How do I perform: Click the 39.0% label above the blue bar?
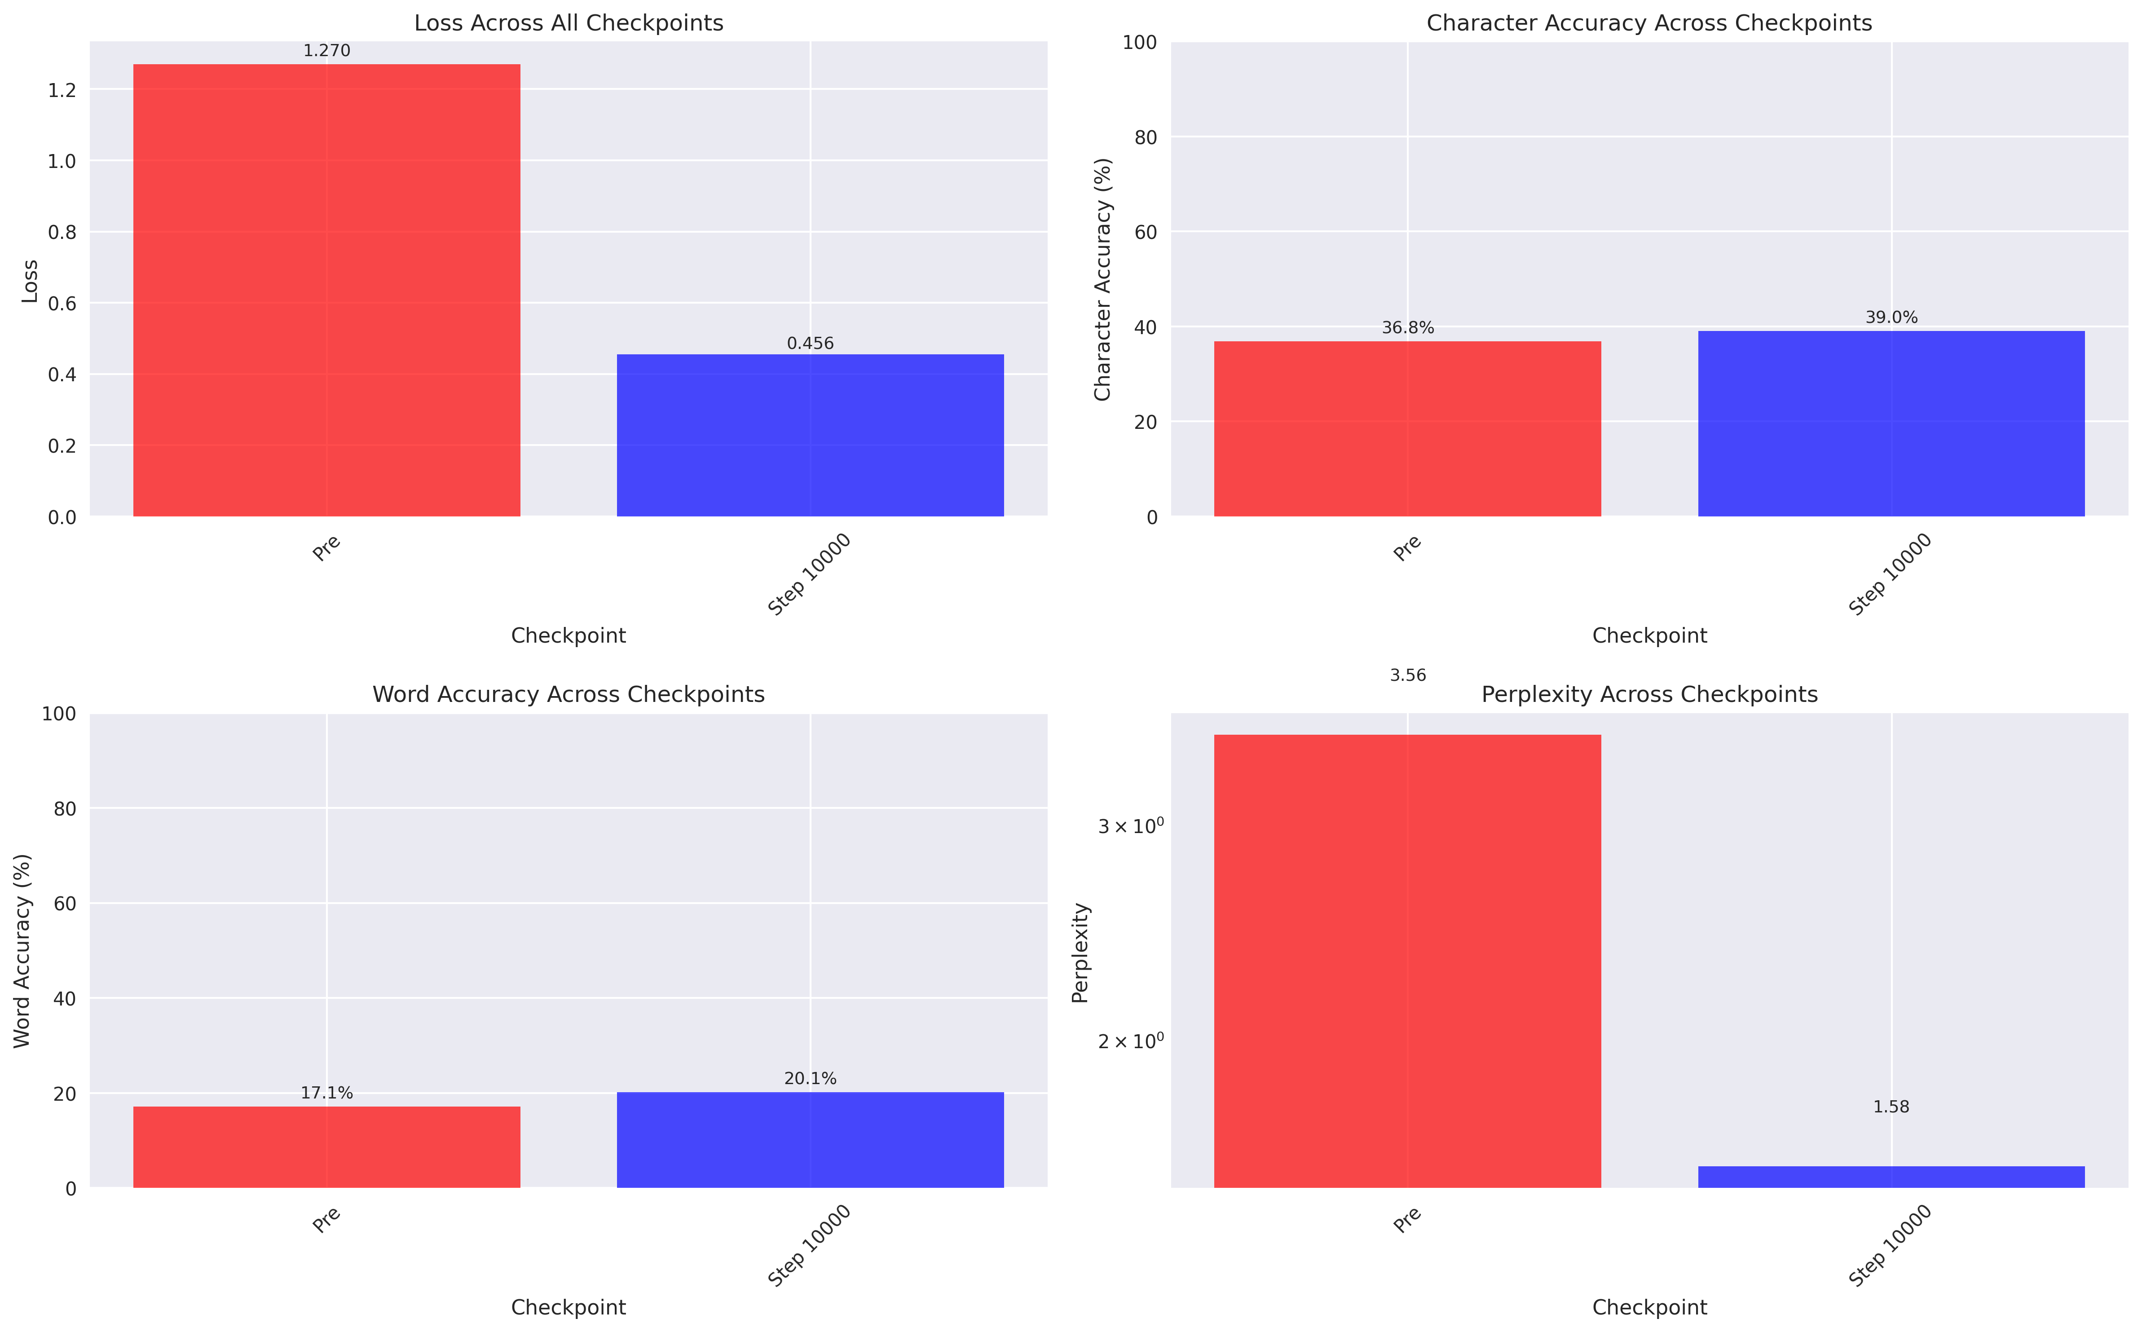click(1891, 317)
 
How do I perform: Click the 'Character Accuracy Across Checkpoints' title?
click(1649, 23)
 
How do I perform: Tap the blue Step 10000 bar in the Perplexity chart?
click(1891, 1177)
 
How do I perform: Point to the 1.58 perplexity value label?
click(1891, 1107)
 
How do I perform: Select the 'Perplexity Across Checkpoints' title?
click(1649, 695)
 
